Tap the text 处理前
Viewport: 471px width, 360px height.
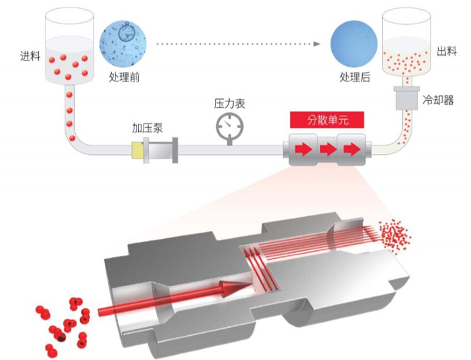[x=124, y=77]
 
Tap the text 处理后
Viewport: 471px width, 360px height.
[x=355, y=77]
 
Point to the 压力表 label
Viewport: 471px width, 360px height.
[x=229, y=104]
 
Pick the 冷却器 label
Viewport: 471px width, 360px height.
[x=439, y=100]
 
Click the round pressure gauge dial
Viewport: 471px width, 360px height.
[x=228, y=125]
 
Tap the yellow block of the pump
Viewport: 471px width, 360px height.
[x=139, y=151]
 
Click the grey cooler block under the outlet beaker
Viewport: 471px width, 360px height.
[x=406, y=97]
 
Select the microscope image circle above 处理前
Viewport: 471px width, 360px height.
[x=124, y=42]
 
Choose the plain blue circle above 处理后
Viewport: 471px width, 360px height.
[x=355, y=42]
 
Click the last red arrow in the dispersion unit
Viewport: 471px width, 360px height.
[x=351, y=150]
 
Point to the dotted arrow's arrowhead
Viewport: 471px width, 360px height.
[x=317, y=43]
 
